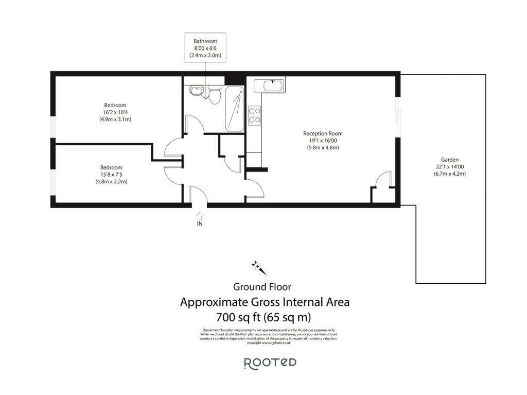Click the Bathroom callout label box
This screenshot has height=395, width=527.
(205, 48)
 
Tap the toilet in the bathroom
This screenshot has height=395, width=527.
(215, 94)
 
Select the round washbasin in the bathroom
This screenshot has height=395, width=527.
(195, 91)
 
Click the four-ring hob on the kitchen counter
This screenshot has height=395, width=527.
(254, 115)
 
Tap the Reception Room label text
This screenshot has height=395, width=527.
(322, 133)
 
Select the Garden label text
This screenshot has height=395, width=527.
(449, 160)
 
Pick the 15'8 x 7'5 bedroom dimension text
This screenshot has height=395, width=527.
(111, 175)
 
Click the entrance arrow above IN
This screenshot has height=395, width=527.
(199, 216)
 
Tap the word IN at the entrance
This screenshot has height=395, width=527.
(199, 225)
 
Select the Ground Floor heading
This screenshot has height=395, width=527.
(262, 287)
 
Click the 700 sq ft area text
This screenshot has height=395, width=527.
(265, 317)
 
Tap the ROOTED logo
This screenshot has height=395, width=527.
(270, 363)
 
